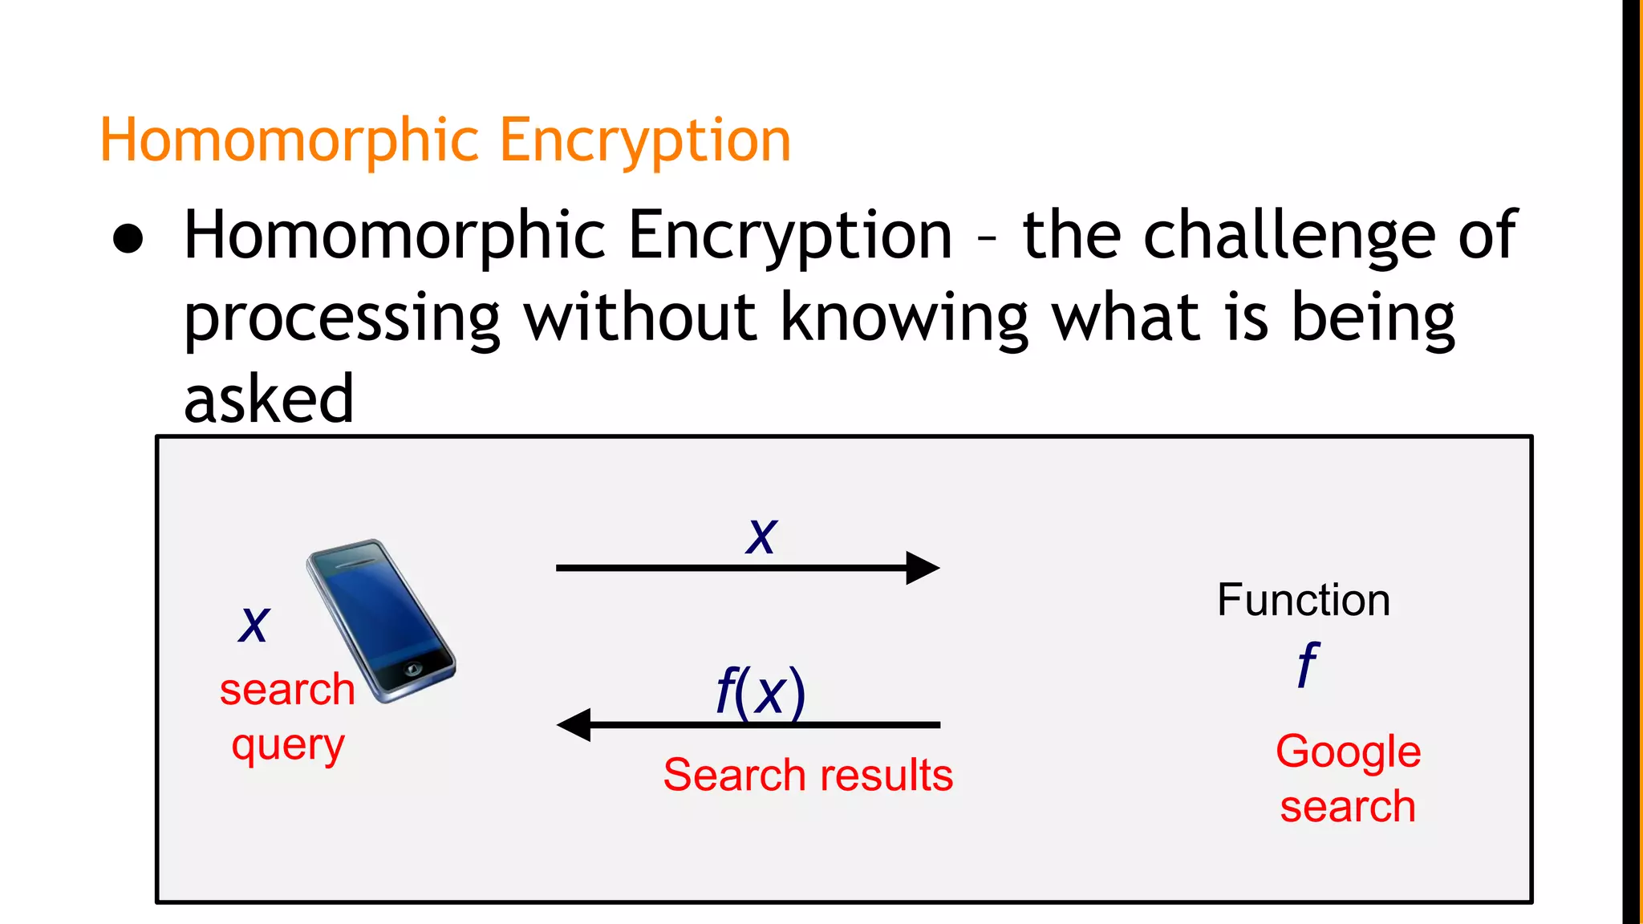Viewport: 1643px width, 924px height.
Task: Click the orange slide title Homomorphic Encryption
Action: (445, 140)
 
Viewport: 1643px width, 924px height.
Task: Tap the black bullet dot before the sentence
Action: (128, 239)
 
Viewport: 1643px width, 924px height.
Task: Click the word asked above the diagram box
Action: (269, 399)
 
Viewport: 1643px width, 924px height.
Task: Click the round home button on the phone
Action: (413, 668)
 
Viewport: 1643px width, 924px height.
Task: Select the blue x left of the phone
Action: (254, 624)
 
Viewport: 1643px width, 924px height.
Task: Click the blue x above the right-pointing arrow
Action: (761, 536)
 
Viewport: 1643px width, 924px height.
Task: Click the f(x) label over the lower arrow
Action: (760, 691)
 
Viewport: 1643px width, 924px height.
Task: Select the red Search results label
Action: (808, 775)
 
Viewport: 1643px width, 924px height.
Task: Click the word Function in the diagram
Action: (1304, 600)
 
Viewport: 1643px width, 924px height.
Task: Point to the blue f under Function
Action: (1308, 664)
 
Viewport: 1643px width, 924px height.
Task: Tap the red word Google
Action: (1348, 752)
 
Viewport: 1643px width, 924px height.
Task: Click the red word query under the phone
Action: (288, 746)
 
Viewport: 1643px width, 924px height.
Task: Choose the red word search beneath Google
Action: (1348, 806)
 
